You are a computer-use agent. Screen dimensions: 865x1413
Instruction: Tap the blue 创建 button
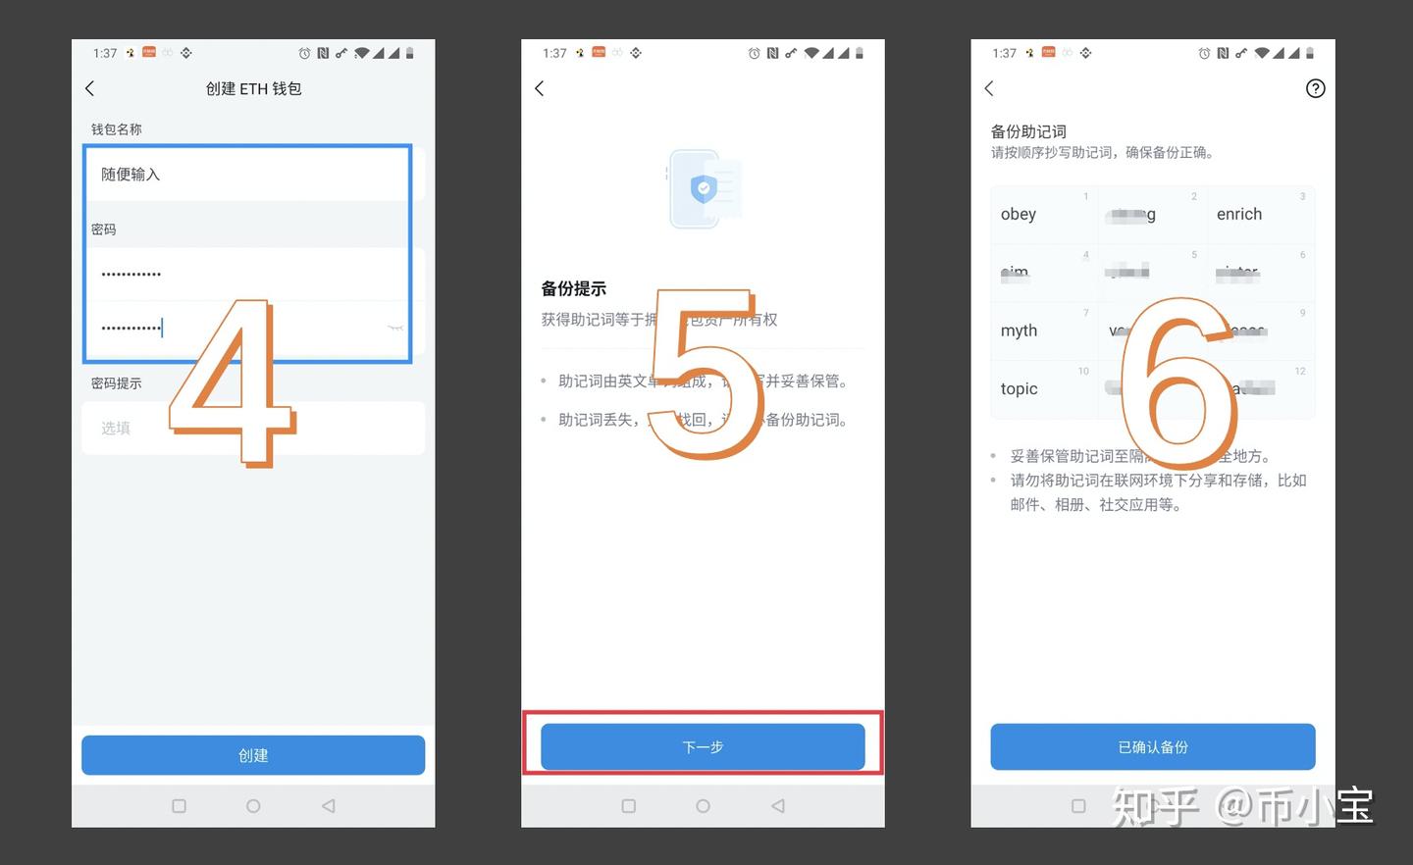tap(253, 755)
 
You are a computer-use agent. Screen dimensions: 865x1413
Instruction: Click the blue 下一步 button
tap(703, 747)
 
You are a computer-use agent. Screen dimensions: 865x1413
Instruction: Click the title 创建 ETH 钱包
tap(253, 88)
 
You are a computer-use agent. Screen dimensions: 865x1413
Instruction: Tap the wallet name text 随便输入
tap(131, 175)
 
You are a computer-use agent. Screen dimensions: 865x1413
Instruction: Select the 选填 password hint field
tap(253, 428)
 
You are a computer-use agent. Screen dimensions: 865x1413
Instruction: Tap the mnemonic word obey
tap(1019, 214)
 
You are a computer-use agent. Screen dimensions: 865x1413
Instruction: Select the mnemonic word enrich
tap(1239, 214)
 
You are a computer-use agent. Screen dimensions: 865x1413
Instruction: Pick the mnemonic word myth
tap(1019, 331)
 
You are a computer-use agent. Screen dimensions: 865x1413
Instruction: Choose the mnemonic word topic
tap(1019, 388)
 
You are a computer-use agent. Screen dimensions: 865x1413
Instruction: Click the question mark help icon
tap(1315, 88)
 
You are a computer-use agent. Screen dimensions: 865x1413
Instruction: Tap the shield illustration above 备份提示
tap(704, 188)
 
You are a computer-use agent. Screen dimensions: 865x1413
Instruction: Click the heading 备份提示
tap(574, 288)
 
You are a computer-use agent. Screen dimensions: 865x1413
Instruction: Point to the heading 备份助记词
tap(1028, 131)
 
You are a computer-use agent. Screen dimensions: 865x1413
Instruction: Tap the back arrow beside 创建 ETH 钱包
tap(90, 88)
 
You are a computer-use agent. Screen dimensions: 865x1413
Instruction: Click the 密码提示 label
tap(117, 383)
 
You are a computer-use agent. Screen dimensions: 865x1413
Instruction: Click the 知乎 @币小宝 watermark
tap(1242, 806)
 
